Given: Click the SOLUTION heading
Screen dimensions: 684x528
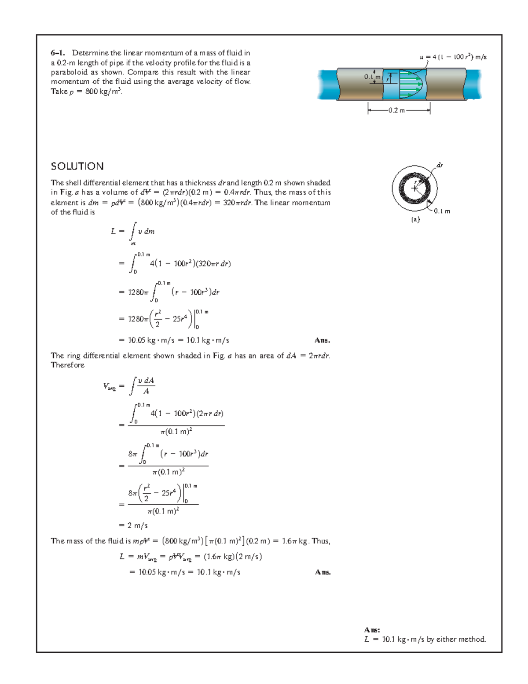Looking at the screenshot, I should tap(77, 166).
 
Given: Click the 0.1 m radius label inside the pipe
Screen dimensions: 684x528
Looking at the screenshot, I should tap(372, 77).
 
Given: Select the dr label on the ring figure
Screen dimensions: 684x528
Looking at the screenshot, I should tap(439, 165).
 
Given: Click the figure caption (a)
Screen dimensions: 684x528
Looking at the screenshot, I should tap(415, 219).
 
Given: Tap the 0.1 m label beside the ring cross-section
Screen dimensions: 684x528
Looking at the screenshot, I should tap(442, 211).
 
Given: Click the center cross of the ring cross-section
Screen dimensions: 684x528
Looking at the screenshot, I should tap(414, 188).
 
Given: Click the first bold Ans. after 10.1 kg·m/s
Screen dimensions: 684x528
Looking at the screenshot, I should tap(323, 340).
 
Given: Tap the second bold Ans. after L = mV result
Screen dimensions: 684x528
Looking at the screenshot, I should tap(323, 572).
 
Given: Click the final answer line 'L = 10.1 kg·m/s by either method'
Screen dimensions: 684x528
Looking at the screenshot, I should tap(425, 639).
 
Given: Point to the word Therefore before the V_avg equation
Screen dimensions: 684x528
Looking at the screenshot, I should tap(67, 365).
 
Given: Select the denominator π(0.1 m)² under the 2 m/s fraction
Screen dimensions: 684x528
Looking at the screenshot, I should tap(163, 511).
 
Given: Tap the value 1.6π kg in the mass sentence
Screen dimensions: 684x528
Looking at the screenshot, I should tap(294, 541).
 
